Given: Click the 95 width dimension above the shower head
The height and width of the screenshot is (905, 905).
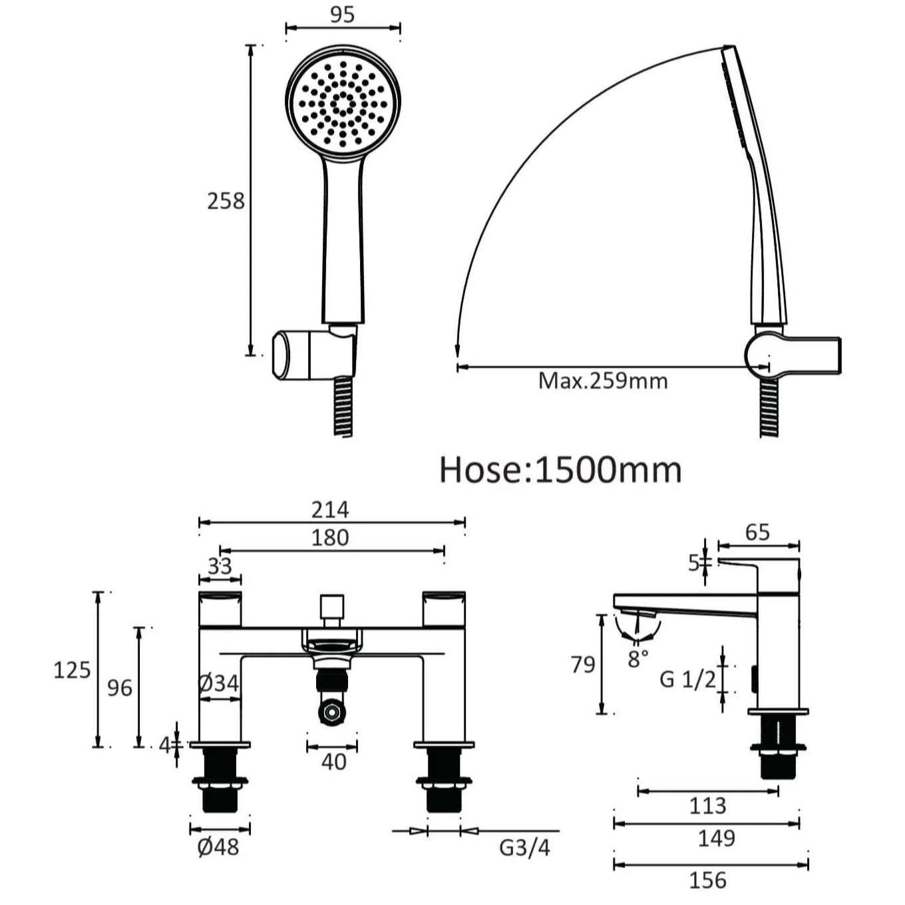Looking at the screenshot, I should (342, 15).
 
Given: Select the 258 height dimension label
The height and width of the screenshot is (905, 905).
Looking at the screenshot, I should (226, 200).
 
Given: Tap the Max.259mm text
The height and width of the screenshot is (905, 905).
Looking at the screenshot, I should (602, 381).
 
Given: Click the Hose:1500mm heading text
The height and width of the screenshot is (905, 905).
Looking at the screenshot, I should (560, 470).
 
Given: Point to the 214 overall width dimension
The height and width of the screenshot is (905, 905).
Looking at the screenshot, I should (330, 510).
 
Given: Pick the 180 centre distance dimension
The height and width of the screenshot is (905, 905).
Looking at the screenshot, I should (330, 538).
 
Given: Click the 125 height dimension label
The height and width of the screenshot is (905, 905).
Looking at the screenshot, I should (72, 669).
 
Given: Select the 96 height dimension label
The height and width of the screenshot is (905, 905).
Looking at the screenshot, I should (120, 687).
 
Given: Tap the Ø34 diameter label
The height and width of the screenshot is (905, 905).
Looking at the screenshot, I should (218, 683).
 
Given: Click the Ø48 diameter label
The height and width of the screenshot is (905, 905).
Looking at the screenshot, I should (218, 847).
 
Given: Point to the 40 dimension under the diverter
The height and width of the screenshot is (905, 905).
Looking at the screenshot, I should (333, 761).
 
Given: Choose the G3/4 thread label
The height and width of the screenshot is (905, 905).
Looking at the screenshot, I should (524, 848).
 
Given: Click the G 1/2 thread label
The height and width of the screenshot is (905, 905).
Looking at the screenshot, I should (687, 679).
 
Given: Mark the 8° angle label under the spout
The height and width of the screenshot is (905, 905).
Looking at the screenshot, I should (637, 659).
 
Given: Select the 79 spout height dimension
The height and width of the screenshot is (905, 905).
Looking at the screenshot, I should (583, 664).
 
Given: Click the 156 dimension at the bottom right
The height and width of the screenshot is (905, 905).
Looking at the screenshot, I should (707, 880).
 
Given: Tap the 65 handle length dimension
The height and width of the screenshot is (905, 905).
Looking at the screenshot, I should (757, 532).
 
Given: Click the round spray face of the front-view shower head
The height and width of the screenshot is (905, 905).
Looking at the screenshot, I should (343, 103).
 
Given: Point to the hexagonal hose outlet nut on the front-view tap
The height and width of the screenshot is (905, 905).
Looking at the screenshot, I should (331, 711).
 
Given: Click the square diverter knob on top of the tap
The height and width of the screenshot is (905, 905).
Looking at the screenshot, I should (331, 607).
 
